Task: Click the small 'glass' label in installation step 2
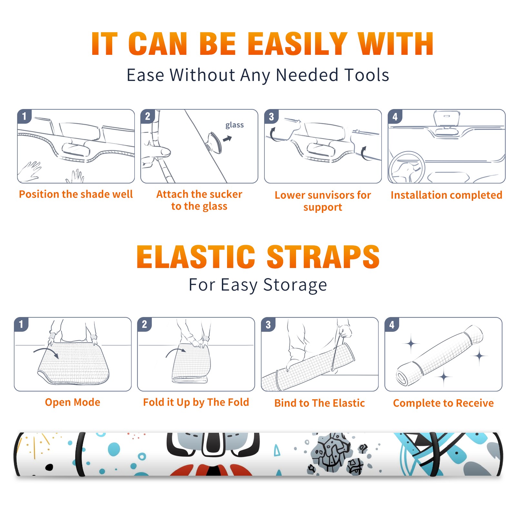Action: coord(234,125)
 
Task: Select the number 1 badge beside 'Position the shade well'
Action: coord(25,116)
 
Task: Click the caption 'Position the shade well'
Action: coord(76,194)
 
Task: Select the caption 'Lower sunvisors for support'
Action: coord(322,201)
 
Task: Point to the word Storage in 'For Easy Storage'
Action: coord(295,285)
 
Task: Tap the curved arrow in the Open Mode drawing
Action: coord(46,352)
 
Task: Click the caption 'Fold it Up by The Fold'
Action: coord(196,402)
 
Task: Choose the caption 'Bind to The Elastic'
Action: coord(320,403)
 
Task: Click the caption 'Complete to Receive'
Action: coord(443,403)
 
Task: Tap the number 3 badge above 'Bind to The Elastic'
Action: coord(268,324)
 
